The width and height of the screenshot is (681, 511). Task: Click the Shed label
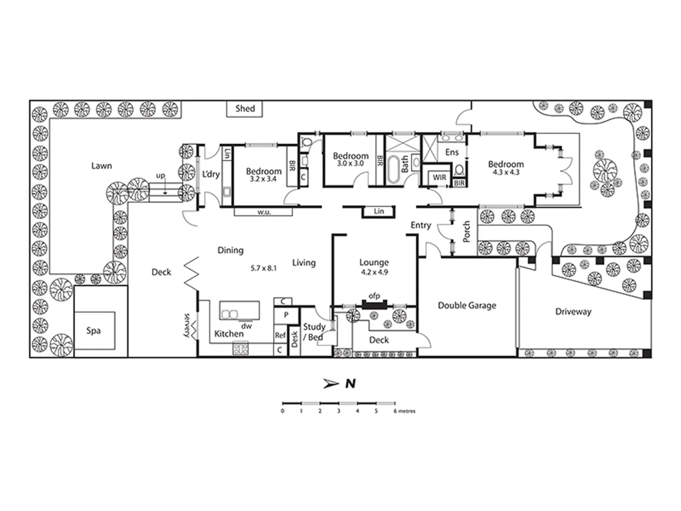245,108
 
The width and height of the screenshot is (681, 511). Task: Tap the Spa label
93,331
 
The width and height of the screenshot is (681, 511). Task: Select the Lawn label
102,166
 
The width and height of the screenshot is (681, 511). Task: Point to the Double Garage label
467,306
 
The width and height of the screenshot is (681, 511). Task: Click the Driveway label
573,312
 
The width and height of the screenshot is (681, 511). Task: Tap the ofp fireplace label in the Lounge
374,296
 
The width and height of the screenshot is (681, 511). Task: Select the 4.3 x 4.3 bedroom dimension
506,173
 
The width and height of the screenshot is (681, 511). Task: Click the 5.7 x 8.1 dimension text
263,268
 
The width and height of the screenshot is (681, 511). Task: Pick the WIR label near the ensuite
439,178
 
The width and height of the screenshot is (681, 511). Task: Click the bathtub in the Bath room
393,171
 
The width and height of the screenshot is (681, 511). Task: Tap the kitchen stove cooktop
240,349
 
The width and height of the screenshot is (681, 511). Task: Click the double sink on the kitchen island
230,314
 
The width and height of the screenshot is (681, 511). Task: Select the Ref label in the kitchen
280,335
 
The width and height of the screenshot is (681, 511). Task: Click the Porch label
466,232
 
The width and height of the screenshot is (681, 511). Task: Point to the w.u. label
264,212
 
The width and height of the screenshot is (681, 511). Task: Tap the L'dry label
211,174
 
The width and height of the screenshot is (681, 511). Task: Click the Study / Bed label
314,332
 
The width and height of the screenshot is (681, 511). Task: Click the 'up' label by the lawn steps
161,176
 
